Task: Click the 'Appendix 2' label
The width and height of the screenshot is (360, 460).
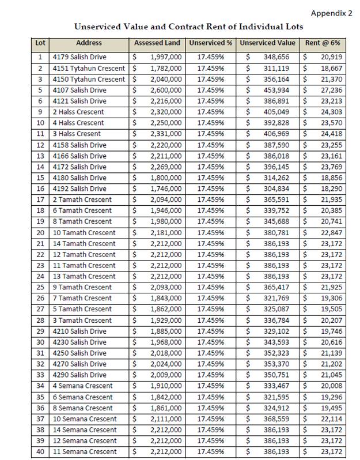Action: pyautogui.click(x=331, y=13)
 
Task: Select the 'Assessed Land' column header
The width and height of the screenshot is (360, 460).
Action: pyautogui.click(x=157, y=43)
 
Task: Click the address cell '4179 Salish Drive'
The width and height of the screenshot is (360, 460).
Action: pyautogui.click(x=79, y=57)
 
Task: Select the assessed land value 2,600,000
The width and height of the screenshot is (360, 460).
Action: pyautogui.click(x=166, y=90)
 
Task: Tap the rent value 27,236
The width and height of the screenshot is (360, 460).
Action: pyautogui.click(x=331, y=90)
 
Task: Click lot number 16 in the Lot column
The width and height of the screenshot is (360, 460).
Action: pyautogui.click(x=40, y=188)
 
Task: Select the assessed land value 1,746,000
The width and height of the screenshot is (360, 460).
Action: pyautogui.click(x=166, y=188)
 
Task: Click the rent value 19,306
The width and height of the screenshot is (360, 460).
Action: pyautogui.click(x=331, y=298)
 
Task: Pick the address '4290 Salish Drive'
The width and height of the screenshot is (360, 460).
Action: pyautogui.click(x=79, y=375)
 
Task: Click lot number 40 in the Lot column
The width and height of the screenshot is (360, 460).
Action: pyautogui.click(x=40, y=452)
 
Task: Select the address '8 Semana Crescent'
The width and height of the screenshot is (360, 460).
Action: pyautogui.click(x=82, y=408)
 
